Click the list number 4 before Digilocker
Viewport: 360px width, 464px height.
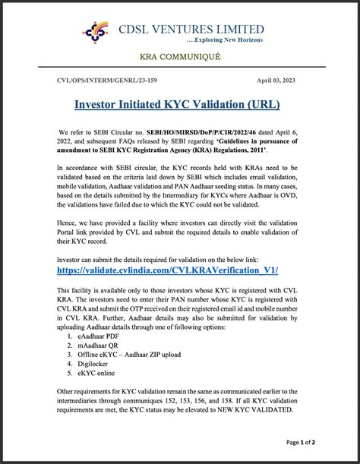(x=69, y=365)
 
